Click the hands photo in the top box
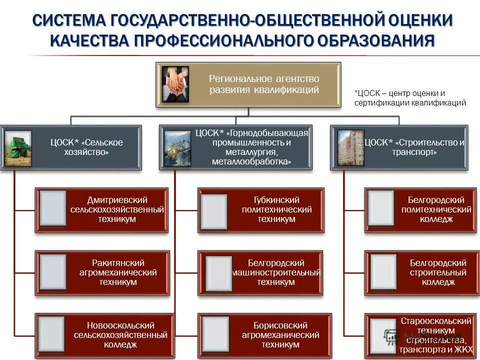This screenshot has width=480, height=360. coord(175,84)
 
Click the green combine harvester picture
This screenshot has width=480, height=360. coord(18,148)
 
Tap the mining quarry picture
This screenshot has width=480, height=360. coord(177,148)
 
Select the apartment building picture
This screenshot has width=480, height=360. coord(350,148)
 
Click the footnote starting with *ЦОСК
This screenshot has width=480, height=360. coord(409,98)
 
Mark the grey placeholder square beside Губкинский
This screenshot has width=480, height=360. coord(213,210)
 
